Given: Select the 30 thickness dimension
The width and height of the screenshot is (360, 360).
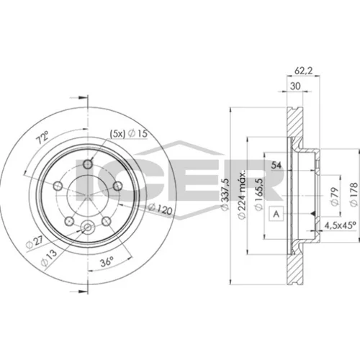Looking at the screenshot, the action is (295, 86).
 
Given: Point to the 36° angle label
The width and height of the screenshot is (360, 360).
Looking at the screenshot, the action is (107, 261).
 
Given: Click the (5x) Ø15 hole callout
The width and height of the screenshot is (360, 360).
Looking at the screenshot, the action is (128, 134).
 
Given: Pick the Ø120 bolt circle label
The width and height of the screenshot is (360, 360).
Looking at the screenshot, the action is (161, 209).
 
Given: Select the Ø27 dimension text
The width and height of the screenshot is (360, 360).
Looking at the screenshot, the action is (35, 242).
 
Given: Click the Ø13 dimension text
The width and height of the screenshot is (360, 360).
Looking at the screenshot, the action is (49, 258).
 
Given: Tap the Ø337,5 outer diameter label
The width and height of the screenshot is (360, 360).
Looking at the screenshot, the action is (225, 194).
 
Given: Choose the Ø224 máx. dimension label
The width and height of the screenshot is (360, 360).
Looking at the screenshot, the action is (242, 194).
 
